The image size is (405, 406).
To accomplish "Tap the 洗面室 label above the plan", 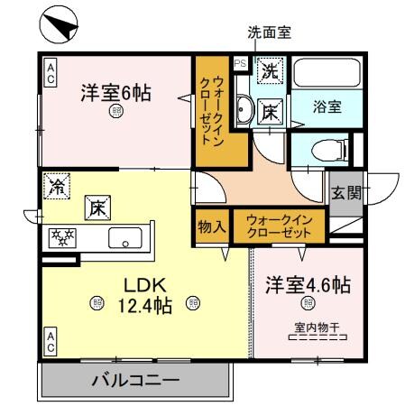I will point(270,32).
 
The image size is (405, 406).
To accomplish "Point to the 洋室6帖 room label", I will point(114,92).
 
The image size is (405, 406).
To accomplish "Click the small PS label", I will point(239,64).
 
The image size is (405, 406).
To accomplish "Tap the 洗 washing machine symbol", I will point(269,69).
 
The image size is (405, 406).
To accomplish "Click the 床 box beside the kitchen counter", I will point(97,208).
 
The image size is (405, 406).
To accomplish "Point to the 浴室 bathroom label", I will point(327,106).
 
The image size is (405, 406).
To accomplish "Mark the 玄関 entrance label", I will point(345,191).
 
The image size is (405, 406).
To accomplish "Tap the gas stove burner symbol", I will point(63,237).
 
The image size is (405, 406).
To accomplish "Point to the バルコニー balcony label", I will point(134,380).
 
